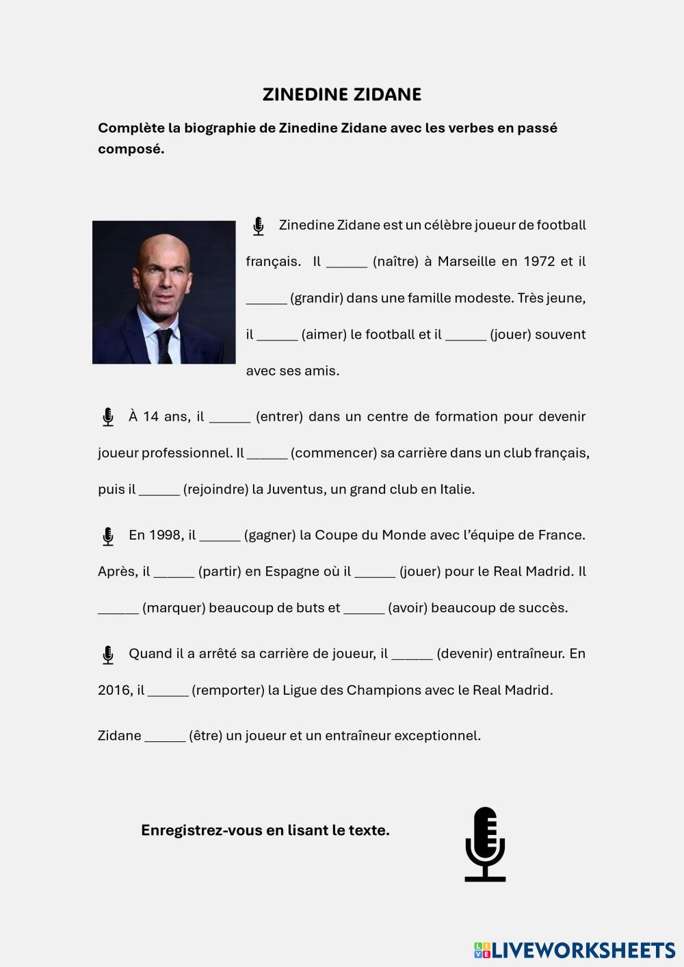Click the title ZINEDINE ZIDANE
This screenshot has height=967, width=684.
click(x=341, y=94)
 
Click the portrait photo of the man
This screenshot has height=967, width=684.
click(x=164, y=292)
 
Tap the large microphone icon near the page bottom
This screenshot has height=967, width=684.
click(x=485, y=844)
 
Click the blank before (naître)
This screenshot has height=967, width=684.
click(x=347, y=263)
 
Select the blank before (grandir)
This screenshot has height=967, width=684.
click(x=266, y=299)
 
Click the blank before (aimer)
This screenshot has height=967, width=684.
click(x=277, y=335)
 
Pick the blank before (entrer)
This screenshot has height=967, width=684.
click(x=230, y=417)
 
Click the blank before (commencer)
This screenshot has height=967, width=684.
click(x=267, y=453)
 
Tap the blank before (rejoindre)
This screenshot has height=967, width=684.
click(x=159, y=490)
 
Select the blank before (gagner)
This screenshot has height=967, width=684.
click(x=220, y=535)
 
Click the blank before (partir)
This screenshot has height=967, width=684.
click(x=174, y=572)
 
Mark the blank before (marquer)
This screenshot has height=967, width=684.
click(x=118, y=608)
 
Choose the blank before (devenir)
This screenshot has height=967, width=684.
click(x=412, y=654)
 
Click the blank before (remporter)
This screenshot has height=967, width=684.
click(x=168, y=690)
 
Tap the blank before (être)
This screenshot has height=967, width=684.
click(x=165, y=736)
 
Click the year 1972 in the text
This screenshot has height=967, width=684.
click(x=539, y=261)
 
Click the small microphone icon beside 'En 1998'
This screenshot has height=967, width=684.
click(x=108, y=536)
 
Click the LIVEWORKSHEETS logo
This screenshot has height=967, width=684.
click(x=575, y=950)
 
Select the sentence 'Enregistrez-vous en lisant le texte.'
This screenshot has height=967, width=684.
click(x=265, y=830)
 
